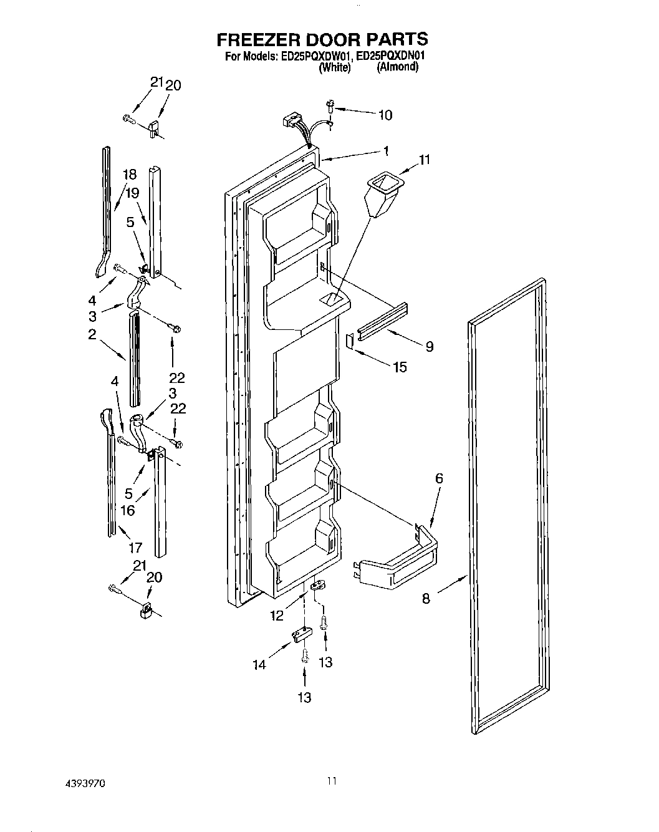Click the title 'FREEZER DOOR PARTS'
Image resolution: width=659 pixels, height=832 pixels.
(322, 39)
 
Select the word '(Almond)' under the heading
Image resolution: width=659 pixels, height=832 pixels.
(397, 67)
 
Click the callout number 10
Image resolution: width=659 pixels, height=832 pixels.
(385, 114)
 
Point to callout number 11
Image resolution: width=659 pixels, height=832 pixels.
(424, 160)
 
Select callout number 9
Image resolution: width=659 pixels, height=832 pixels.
(429, 347)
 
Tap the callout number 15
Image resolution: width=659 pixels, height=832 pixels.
(399, 367)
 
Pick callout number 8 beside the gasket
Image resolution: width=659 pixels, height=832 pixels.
(426, 598)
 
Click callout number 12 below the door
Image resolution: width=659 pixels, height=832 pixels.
(277, 616)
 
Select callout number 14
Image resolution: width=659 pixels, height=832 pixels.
(259, 665)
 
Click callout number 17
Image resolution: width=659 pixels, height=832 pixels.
(135, 548)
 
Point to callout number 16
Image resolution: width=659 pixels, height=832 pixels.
(127, 511)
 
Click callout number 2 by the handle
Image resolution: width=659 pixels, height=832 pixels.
(92, 334)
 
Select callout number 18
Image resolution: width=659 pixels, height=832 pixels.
(128, 175)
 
